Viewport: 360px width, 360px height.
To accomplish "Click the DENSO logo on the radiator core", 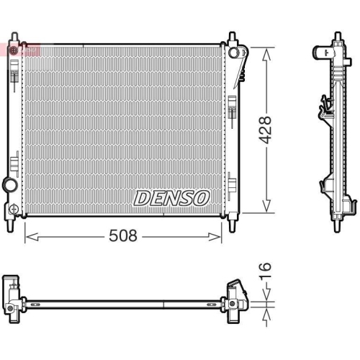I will [x=171, y=197].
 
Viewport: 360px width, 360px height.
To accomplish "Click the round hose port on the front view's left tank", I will [x=9, y=185].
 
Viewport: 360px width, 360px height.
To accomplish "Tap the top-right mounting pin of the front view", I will [x=233, y=38].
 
